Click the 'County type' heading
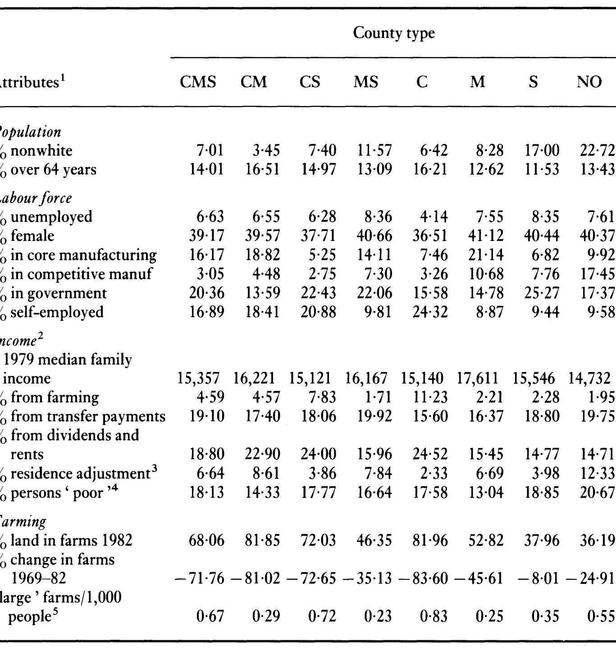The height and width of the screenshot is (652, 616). click(x=393, y=33)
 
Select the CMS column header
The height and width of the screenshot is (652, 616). click(x=198, y=82)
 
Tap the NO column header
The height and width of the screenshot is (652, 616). click(x=589, y=82)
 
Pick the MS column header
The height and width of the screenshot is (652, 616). click(x=365, y=82)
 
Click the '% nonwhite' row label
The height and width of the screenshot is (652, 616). click(x=36, y=150)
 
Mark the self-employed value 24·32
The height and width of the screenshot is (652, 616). click(x=430, y=312)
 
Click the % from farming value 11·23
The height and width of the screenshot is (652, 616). click(x=430, y=398)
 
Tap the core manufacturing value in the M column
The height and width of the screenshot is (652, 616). click(x=486, y=255)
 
